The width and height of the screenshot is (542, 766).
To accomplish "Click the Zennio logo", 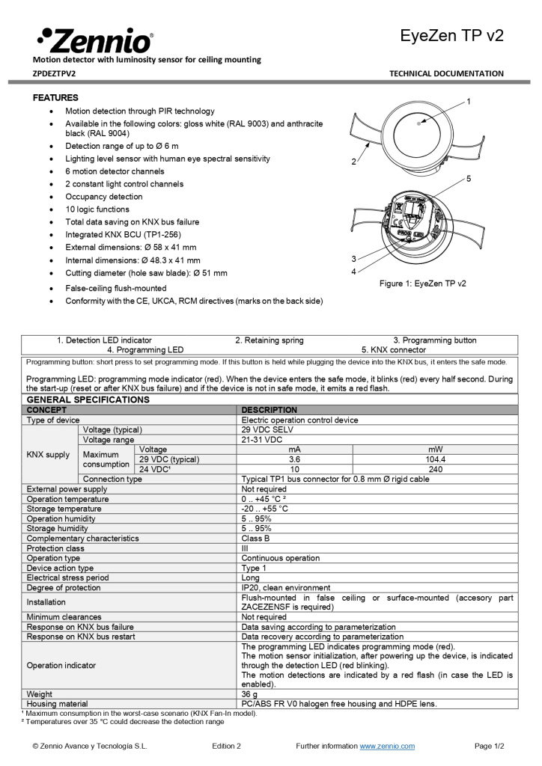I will (x=94, y=39).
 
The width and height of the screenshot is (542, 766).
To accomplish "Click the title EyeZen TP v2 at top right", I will (x=451, y=36).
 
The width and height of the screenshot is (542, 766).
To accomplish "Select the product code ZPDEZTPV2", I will (x=54, y=73).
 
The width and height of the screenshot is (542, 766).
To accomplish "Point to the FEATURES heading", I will (x=55, y=98).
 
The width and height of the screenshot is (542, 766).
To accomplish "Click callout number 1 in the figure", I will (x=468, y=101).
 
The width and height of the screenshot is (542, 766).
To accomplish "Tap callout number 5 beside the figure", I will (x=468, y=179).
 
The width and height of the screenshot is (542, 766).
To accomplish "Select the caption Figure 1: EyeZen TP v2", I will (x=422, y=284).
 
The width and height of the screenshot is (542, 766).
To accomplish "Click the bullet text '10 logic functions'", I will (x=97, y=209).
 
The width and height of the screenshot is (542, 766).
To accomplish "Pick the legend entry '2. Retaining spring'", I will (x=270, y=340).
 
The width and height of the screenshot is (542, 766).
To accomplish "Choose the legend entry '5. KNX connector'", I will (x=394, y=349).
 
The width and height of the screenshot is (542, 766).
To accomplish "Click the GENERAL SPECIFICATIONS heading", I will (x=88, y=400).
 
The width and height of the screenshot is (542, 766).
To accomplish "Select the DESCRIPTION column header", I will (x=270, y=410).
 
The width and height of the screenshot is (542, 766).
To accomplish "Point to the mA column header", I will (x=295, y=450).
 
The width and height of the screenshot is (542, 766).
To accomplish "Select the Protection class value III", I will (x=245, y=548).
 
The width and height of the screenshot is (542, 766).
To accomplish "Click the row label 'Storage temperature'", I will (x=64, y=509).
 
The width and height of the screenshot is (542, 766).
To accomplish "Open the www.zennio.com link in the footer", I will (x=387, y=746).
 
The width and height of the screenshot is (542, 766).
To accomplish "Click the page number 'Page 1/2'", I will (x=490, y=746).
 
